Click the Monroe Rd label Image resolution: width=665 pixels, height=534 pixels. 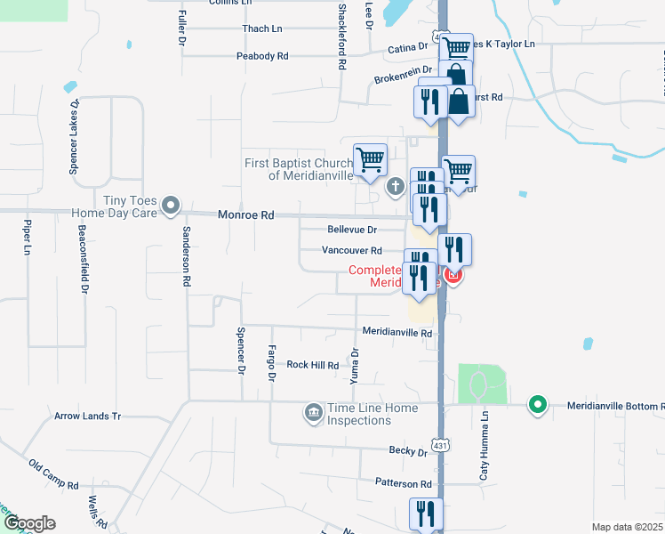tap(246, 215)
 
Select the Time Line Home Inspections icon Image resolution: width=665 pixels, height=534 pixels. tap(313, 412)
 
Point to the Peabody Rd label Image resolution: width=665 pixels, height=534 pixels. tap(262, 56)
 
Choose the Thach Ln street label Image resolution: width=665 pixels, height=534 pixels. tap(261, 29)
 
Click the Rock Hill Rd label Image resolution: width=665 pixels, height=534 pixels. tap(312, 365)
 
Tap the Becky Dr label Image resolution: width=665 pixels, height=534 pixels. tap(408, 451)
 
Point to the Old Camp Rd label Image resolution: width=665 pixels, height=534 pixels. tap(53, 476)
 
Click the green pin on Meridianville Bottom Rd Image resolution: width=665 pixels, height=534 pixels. tap(537, 405)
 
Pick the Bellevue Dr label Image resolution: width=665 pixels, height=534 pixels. tap(352, 230)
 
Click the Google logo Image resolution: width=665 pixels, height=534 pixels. tap(29, 523)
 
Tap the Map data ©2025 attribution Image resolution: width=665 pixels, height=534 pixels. tap(627, 527)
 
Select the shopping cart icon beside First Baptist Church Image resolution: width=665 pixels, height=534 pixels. tap(370, 160)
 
